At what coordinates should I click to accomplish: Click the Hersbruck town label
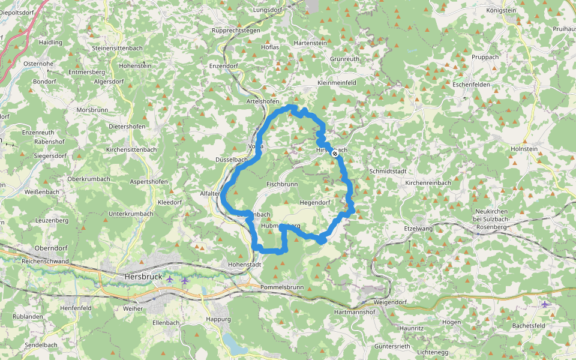click(x=144, y=277)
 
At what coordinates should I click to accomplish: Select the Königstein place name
click(x=501, y=10)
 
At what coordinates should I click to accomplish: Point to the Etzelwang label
click(x=419, y=229)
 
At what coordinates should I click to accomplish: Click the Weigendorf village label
click(x=390, y=302)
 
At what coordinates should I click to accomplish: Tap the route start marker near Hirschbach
click(x=335, y=154)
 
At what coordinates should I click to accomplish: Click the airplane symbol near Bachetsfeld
click(x=545, y=304)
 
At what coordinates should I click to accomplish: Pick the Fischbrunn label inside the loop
click(x=282, y=184)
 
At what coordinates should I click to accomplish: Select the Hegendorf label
click(x=315, y=202)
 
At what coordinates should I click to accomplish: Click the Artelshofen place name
click(x=263, y=102)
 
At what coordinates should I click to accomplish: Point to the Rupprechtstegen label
click(x=235, y=30)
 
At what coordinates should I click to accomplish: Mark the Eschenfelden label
click(x=471, y=85)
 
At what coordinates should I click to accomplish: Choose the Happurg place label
click(x=218, y=319)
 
